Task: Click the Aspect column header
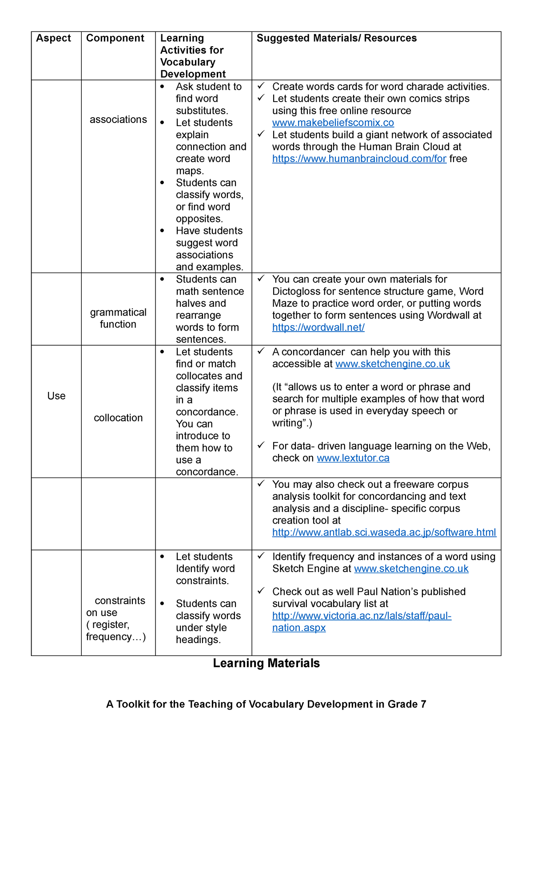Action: click(x=53, y=38)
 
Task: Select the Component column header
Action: click(x=115, y=38)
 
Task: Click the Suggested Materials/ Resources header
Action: click(x=337, y=38)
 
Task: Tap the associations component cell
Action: click(x=118, y=119)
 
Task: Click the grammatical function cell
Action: click(x=118, y=318)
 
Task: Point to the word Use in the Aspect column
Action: click(x=56, y=396)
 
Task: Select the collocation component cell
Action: click(x=118, y=418)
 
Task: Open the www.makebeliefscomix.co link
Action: click(x=333, y=123)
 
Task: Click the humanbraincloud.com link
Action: click(x=359, y=159)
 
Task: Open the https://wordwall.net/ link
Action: click(x=318, y=328)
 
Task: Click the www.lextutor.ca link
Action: click(x=353, y=458)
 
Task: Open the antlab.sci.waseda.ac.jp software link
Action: click(x=384, y=533)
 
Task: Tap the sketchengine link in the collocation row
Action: click(x=393, y=364)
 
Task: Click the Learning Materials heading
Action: click(x=266, y=663)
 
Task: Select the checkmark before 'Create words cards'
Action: click(x=261, y=86)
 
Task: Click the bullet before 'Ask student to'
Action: click(x=162, y=87)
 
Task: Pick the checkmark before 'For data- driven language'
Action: click(x=261, y=445)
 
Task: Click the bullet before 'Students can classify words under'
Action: click(x=162, y=604)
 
